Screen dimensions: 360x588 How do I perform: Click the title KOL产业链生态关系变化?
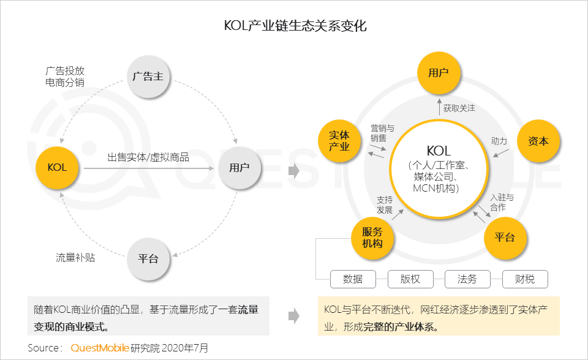295,26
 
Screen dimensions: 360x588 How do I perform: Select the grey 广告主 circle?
148,77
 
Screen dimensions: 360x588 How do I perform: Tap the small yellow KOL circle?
57,167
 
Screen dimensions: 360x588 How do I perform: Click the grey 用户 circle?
239,167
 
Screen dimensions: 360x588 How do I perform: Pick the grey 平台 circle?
148,258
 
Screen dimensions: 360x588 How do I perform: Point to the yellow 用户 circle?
439,73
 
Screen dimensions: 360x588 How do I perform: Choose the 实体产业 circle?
339,140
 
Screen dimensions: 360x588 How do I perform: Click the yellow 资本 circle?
538,141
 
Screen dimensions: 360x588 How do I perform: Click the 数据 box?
353,279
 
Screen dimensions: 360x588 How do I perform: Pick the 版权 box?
410,279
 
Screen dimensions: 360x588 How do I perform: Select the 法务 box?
467,279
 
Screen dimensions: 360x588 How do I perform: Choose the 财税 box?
525,279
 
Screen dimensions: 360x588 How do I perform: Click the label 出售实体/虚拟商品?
148,157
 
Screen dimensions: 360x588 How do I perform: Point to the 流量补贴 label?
75,258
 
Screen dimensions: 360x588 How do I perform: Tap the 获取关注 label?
459,108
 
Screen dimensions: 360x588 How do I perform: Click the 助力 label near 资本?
499,141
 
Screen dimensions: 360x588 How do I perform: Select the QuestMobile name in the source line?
100,348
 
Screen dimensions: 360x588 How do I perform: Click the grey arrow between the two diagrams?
294,171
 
